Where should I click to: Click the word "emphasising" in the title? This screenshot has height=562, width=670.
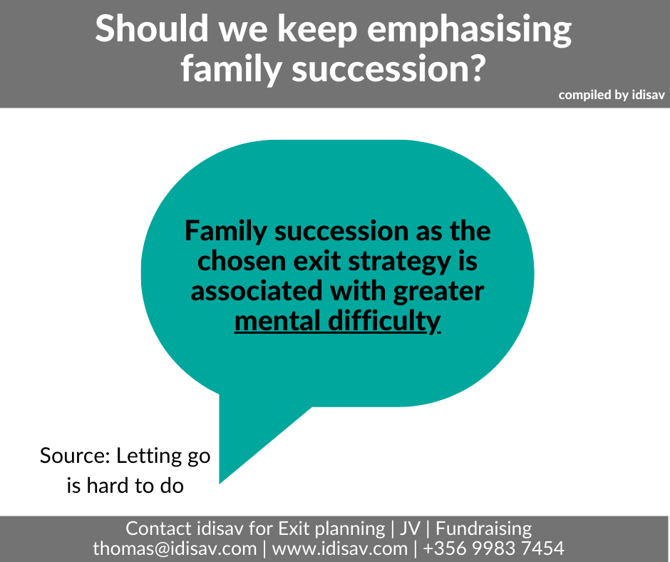point(469,30)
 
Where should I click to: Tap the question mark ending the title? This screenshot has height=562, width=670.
point(477,68)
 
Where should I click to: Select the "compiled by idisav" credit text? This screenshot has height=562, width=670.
point(612,95)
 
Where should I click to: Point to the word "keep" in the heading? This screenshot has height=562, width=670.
point(317,30)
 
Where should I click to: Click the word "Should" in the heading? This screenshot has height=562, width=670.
point(152,29)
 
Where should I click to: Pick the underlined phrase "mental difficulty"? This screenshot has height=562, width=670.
point(338,321)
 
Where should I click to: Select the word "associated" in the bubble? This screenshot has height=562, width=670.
point(256,291)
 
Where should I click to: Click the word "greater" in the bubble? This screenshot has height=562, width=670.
point(439,292)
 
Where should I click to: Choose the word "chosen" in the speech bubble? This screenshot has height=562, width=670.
point(242,261)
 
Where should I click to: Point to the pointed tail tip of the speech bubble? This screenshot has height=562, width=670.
point(220,484)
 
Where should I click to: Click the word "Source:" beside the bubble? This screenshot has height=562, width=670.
point(76,456)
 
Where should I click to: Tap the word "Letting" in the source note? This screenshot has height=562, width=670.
point(149,456)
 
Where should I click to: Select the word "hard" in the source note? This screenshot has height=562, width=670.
point(108,486)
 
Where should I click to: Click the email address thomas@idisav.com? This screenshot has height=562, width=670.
point(175,548)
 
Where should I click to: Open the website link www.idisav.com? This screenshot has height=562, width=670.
point(340,548)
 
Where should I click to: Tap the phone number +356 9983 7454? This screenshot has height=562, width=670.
point(494,548)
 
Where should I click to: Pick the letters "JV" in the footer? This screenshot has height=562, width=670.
point(411,528)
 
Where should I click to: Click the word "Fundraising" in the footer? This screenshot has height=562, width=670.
point(484,529)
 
